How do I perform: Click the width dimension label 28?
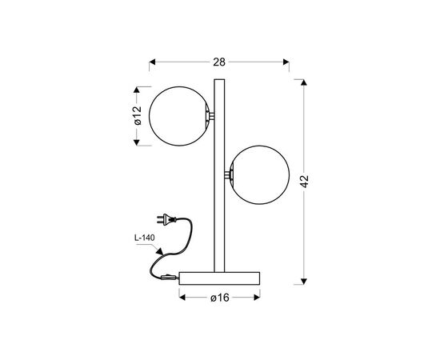(219, 62)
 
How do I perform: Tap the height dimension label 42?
(304, 182)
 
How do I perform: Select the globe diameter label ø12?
(138, 115)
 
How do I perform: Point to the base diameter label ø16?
(220, 298)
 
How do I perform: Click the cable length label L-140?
(145, 238)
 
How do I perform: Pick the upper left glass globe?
(178, 116)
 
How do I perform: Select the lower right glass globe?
(259, 175)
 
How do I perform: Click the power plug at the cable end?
(166, 218)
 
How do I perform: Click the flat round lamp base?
(219, 278)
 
